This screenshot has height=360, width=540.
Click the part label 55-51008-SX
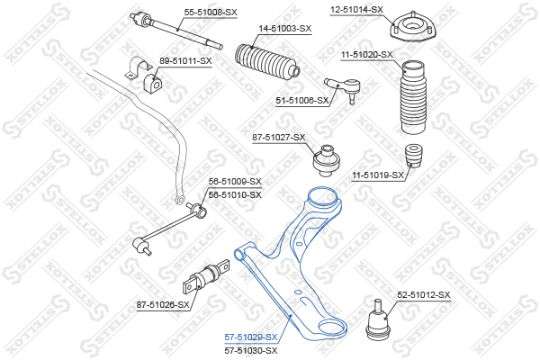point(211,12)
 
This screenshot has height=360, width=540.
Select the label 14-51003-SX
point(285,29)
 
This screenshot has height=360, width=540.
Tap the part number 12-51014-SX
point(356,9)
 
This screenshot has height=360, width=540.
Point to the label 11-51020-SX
point(367,55)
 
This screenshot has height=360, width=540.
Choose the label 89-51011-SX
point(185,61)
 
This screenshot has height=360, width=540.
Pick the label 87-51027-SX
point(279,138)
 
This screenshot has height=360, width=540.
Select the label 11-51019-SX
point(376,175)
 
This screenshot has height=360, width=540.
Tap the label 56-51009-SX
point(235,182)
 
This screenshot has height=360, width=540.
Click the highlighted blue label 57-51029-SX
point(250,337)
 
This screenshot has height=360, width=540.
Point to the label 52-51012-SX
point(423,295)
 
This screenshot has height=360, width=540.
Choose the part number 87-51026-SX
point(163,305)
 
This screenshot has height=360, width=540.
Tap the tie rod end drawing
point(346,87)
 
